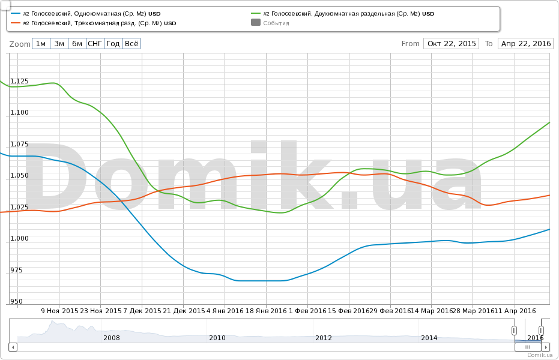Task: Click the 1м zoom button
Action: [41, 44]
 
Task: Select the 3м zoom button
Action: [59, 44]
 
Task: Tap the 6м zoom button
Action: [77, 44]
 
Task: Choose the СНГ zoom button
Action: [95, 44]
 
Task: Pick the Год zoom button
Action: [113, 44]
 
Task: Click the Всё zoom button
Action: [131, 44]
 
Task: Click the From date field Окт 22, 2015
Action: [452, 44]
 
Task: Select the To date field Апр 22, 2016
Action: [526, 44]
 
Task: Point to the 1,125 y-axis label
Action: [19, 81]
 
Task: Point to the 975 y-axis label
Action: [17, 270]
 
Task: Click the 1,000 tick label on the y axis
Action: [19, 239]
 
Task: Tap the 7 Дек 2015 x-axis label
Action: [142, 311]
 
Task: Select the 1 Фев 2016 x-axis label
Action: [307, 311]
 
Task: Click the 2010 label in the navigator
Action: [217, 338]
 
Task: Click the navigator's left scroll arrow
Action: [13, 347]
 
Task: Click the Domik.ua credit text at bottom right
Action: [539, 355]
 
